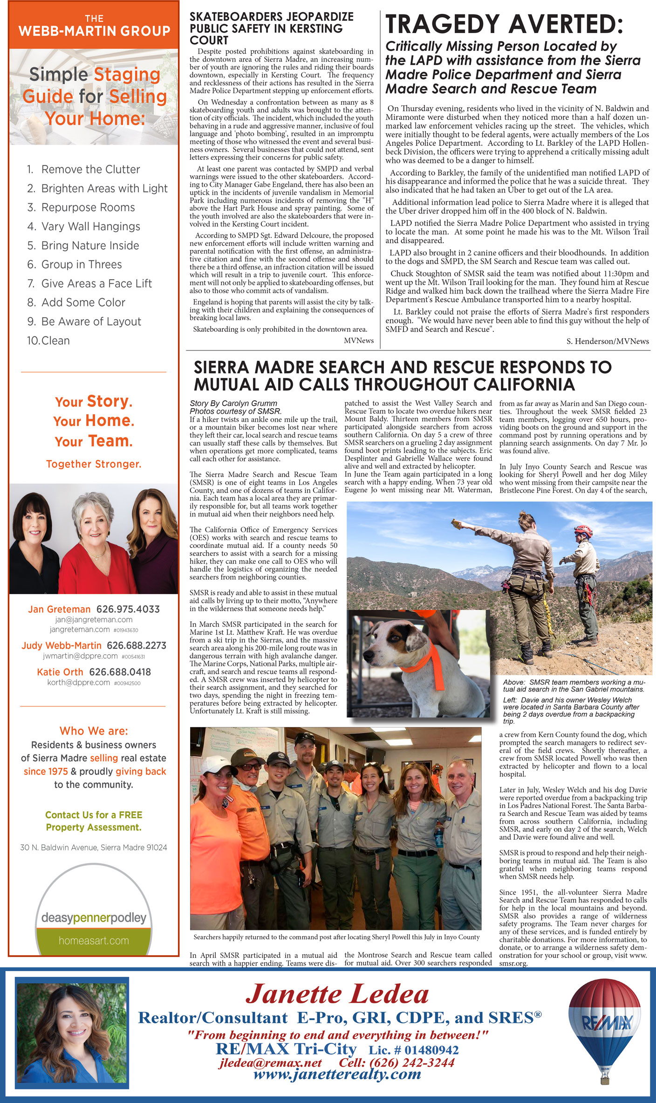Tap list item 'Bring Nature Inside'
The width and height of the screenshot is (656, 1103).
tap(90, 246)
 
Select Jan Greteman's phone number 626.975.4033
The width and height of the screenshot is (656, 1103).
tap(128, 609)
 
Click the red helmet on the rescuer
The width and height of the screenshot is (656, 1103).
tap(582, 530)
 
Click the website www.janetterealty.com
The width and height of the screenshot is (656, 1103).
tap(337, 1075)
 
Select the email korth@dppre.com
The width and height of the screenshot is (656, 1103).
tap(78, 682)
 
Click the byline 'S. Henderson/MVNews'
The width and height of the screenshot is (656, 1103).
tap(608, 342)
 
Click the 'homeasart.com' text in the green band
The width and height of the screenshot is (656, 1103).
tap(94, 940)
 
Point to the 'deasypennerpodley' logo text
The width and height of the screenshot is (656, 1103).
tap(94, 918)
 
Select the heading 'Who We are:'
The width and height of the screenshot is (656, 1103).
tap(94, 731)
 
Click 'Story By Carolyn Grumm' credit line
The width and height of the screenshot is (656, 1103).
tap(233, 404)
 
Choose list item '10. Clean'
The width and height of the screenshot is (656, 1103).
tap(48, 341)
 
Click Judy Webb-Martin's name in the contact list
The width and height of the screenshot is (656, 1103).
tap(61, 645)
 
